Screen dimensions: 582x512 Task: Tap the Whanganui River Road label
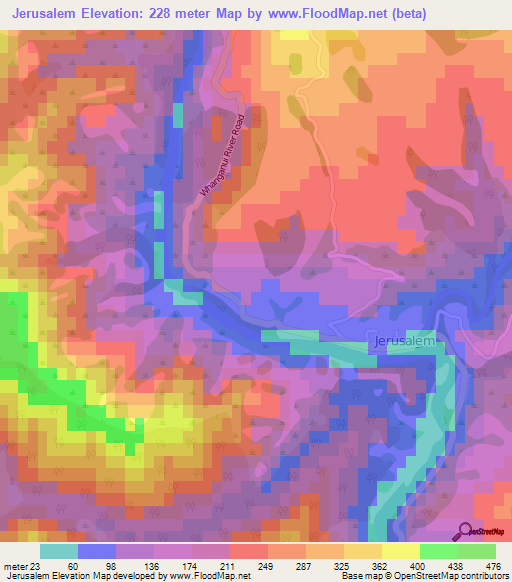(x=222, y=144)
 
